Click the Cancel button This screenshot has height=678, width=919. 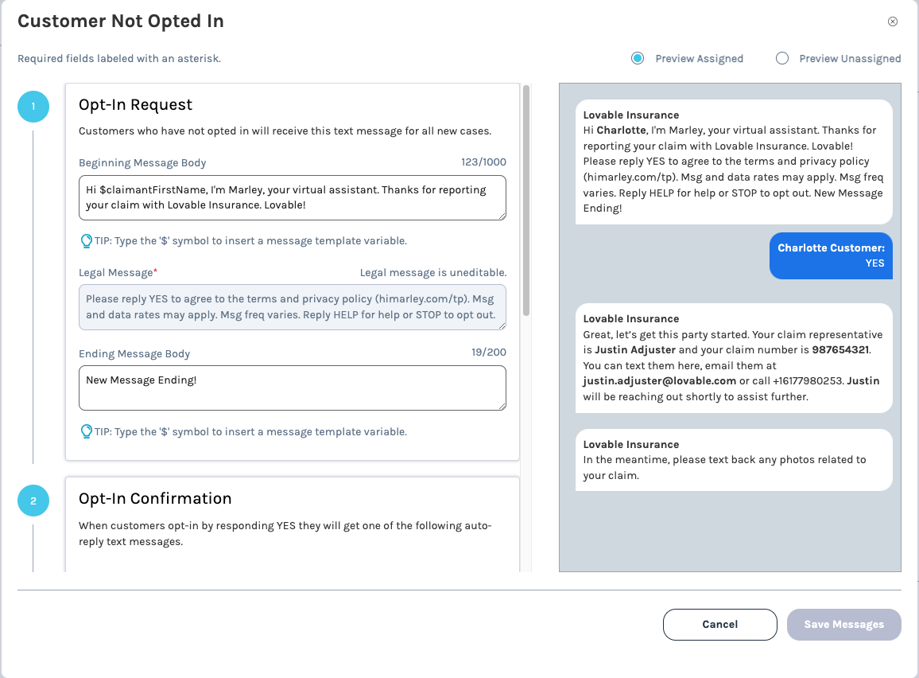(x=719, y=625)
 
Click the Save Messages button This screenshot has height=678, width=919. (x=843, y=625)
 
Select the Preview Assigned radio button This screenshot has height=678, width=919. (x=638, y=58)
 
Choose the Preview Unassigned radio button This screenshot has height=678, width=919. (x=782, y=58)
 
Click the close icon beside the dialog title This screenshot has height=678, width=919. (x=893, y=21)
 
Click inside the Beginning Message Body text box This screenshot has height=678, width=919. (x=292, y=197)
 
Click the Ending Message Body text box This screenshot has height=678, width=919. (x=292, y=388)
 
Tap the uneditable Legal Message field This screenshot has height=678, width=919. (x=292, y=307)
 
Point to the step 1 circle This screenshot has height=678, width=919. (x=33, y=107)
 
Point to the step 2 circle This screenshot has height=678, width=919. (x=33, y=501)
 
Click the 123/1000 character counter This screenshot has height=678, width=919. (x=483, y=162)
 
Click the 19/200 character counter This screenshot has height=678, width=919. (x=487, y=353)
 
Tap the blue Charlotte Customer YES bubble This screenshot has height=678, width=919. (x=831, y=255)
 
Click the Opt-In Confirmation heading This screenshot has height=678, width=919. (x=155, y=499)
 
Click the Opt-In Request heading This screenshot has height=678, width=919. (x=135, y=105)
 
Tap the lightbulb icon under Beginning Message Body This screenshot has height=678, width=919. (x=87, y=240)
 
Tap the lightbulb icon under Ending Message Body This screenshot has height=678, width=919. (x=87, y=431)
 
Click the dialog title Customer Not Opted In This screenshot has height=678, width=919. (x=121, y=21)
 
